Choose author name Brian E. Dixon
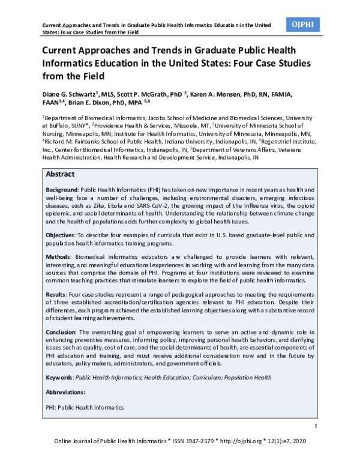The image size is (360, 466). click(x=95, y=103)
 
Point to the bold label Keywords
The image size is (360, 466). click(x=59, y=377)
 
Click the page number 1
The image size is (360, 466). click(x=316, y=426)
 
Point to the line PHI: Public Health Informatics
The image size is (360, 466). click(x=85, y=407)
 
